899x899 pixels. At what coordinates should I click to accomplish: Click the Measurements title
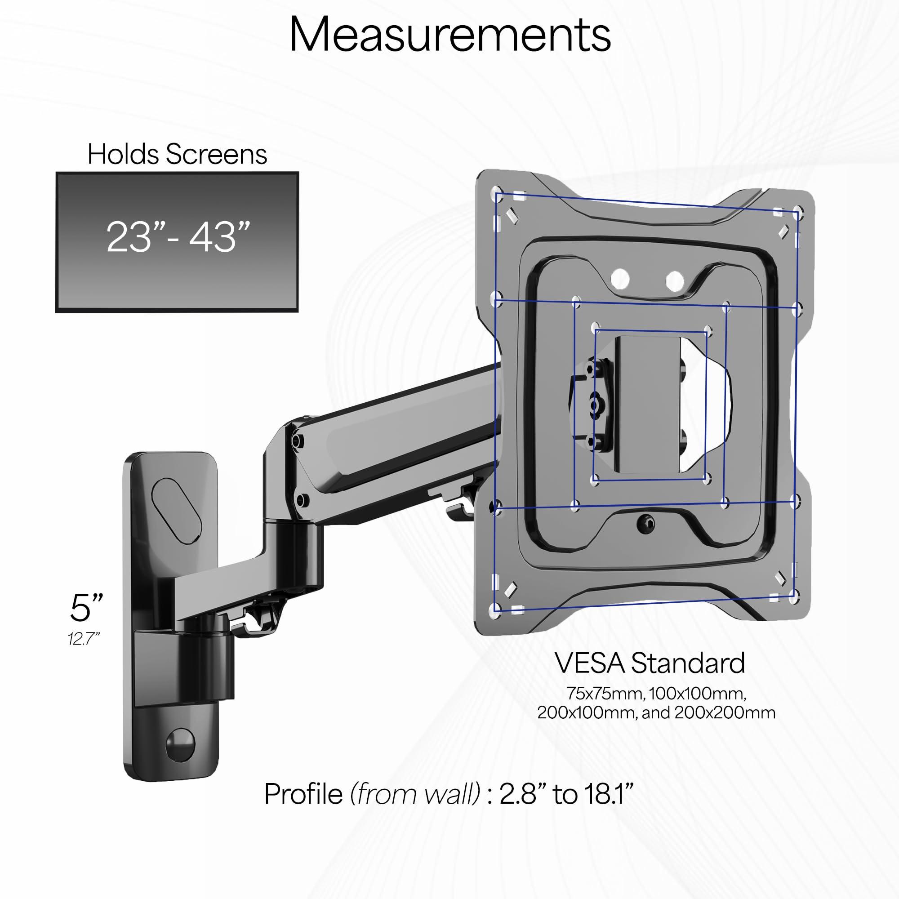point(449,35)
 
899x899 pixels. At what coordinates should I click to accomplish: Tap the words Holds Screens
point(177,155)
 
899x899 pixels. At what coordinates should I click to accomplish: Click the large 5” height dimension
point(86,608)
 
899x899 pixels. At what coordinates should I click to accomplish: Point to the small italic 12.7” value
point(84,639)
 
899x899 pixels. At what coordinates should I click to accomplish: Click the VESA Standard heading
point(650,663)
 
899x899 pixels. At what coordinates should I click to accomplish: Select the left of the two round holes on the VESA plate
point(621,280)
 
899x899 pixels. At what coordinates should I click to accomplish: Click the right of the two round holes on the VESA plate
point(674,280)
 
